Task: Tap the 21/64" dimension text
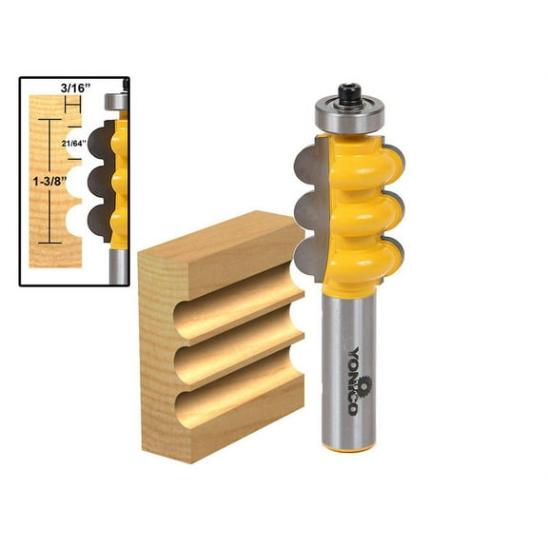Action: pyautogui.click(x=72, y=143)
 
